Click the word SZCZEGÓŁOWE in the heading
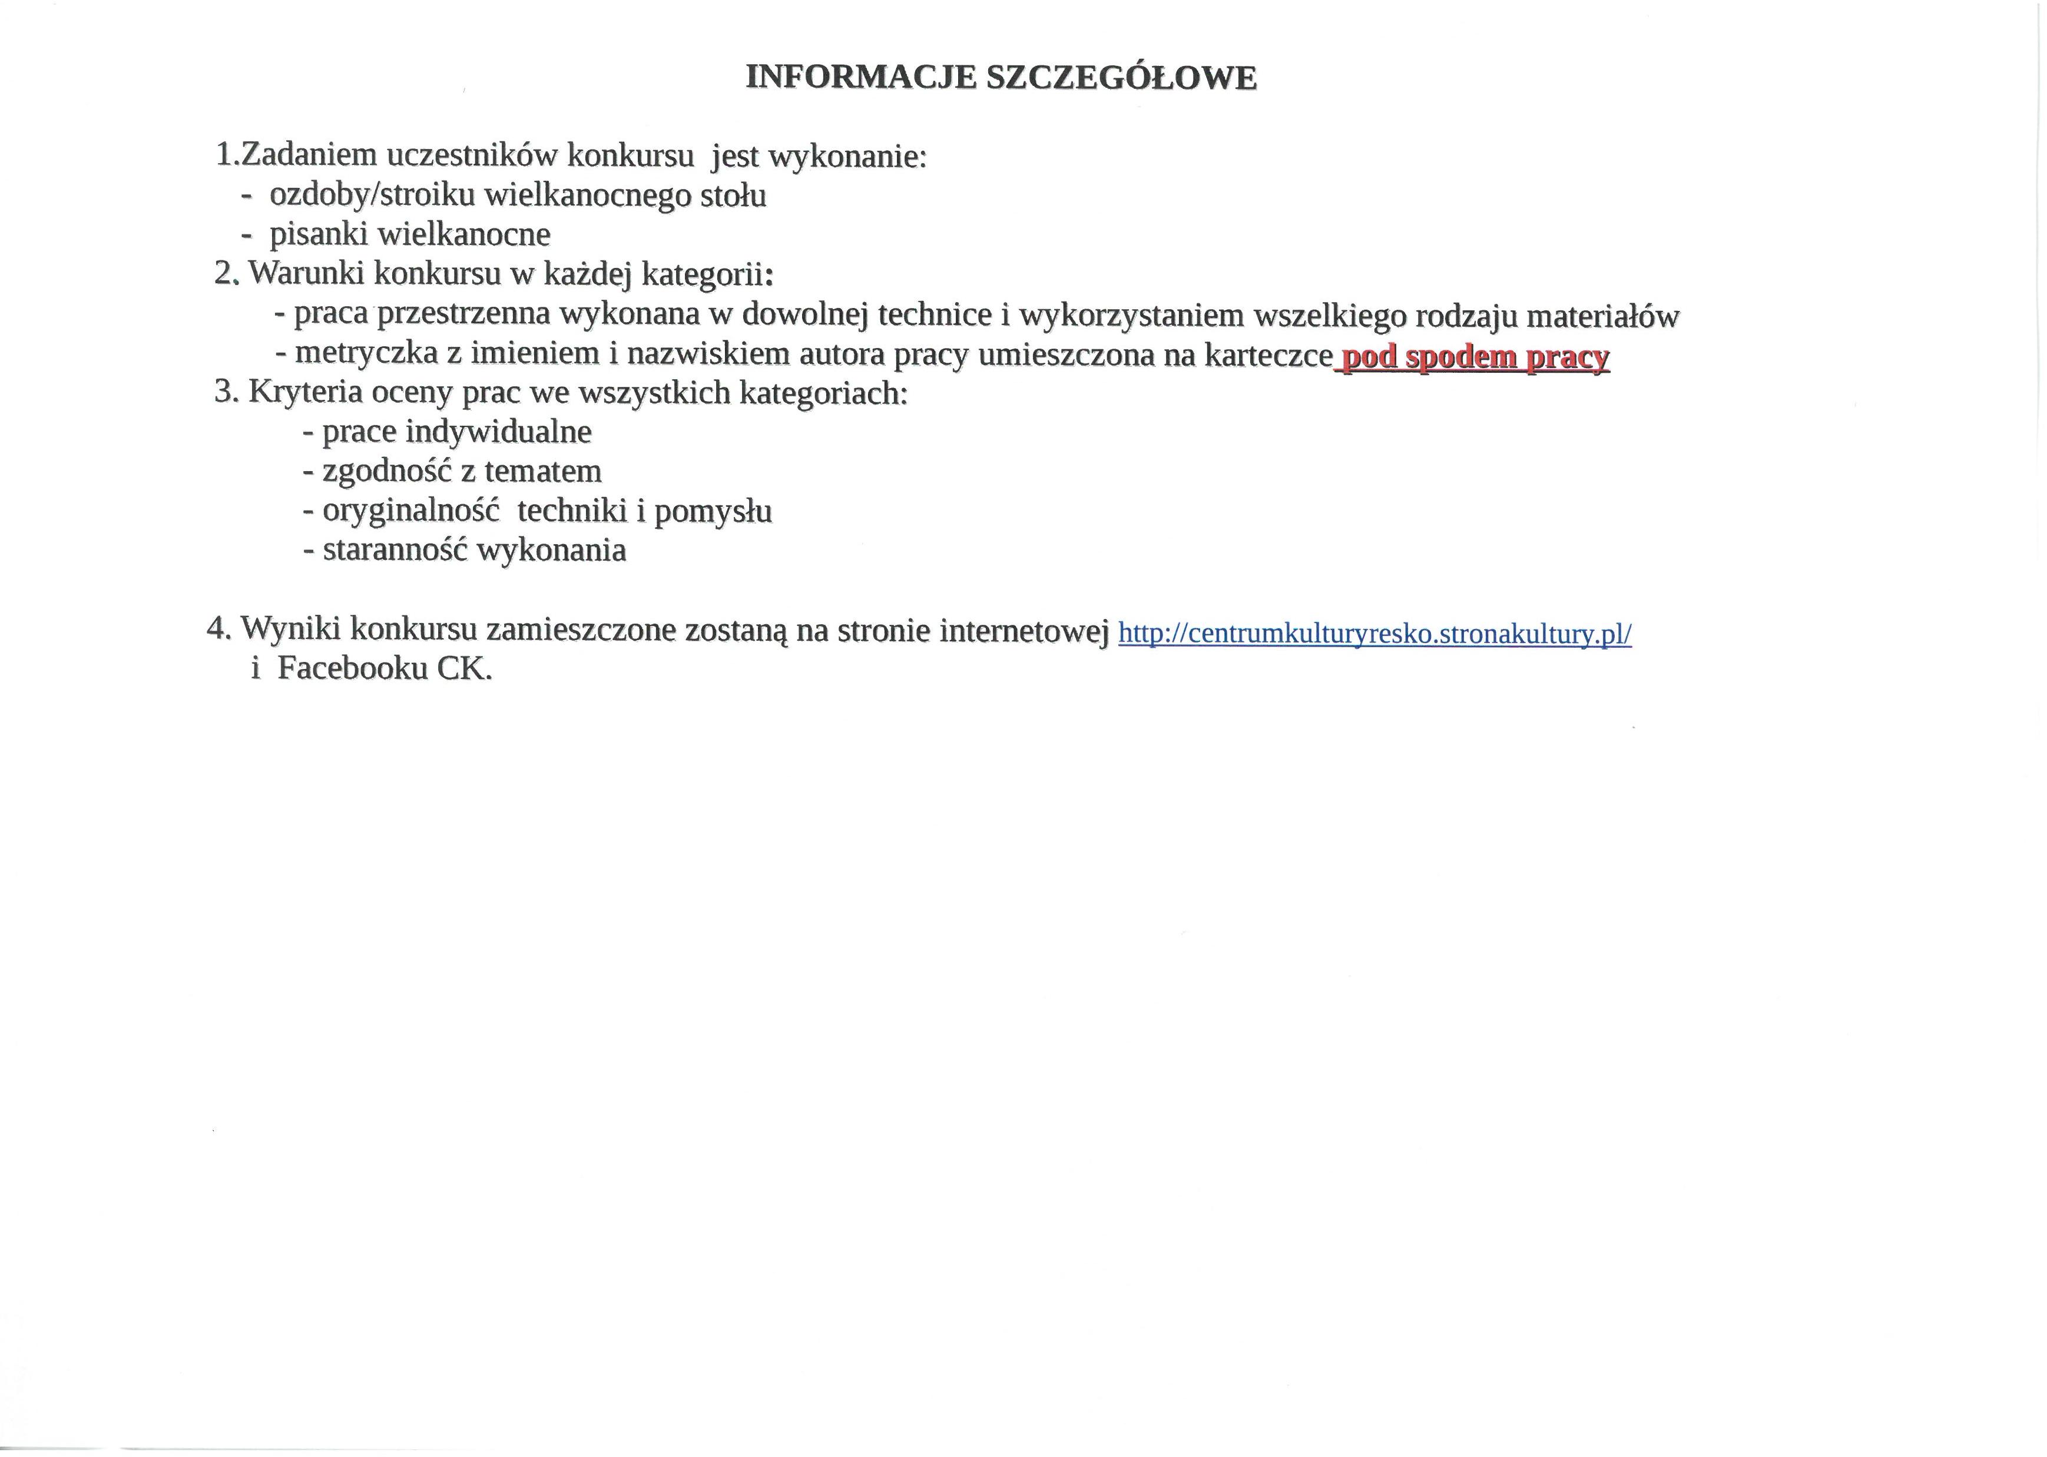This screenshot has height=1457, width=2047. coord(1121,78)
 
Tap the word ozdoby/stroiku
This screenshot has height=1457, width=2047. coord(373,196)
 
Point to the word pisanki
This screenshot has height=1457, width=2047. coord(319,235)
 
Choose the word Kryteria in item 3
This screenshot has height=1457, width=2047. coord(305,392)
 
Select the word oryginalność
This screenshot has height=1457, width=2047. coord(410,511)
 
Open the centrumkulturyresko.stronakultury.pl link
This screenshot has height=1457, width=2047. coord(1375,634)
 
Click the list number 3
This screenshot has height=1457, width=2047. coord(223,392)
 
